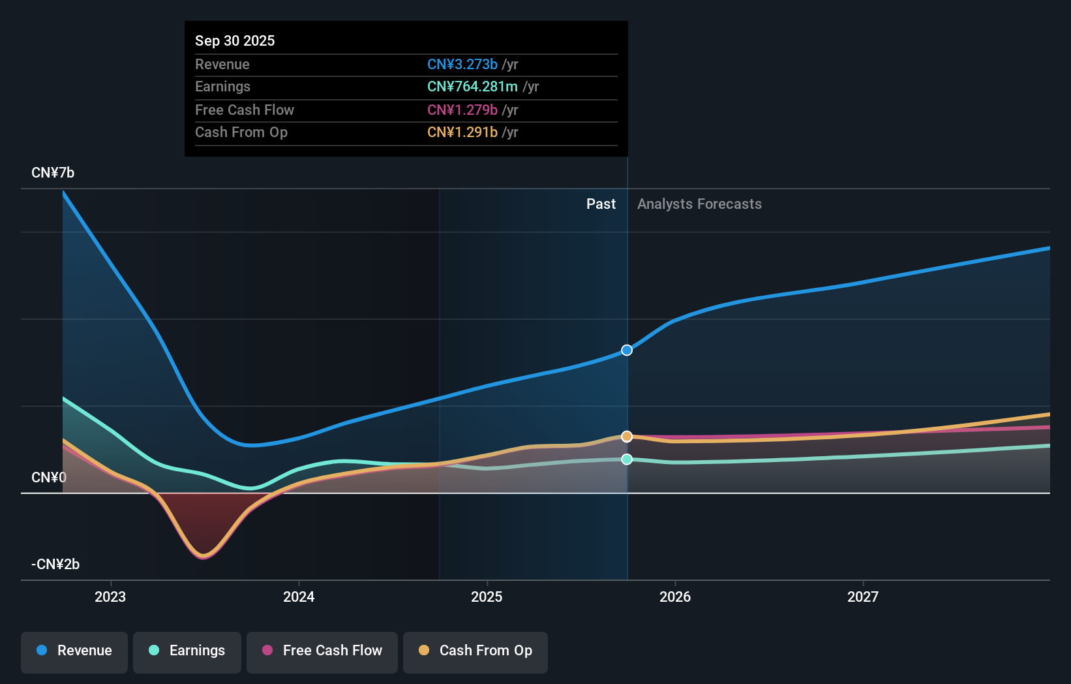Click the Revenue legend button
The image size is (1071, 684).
pos(74,651)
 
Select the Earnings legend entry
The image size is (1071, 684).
pos(187,651)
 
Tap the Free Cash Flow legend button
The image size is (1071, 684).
pos(322,651)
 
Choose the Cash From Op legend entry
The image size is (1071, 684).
pos(475,651)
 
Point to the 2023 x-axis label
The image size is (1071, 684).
pos(110,597)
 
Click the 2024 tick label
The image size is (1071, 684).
pos(299,597)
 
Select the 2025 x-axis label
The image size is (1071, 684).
pos(487,597)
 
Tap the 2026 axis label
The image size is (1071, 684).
pos(675,597)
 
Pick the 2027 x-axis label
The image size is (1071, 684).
pos(863,597)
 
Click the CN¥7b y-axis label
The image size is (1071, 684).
pos(53,173)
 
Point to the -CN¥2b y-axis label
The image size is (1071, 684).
pos(55,564)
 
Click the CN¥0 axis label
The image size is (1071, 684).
pos(49,477)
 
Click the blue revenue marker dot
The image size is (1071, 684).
pos(627,350)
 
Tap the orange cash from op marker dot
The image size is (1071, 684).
pos(627,436)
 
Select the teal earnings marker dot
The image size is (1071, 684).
pos(627,459)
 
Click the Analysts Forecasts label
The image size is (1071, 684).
pos(699,204)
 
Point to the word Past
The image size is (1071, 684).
pos(601,204)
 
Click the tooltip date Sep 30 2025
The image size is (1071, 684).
pos(235,40)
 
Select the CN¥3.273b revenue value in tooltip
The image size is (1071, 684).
pos(462,64)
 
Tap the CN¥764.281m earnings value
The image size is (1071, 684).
pos(472,87)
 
